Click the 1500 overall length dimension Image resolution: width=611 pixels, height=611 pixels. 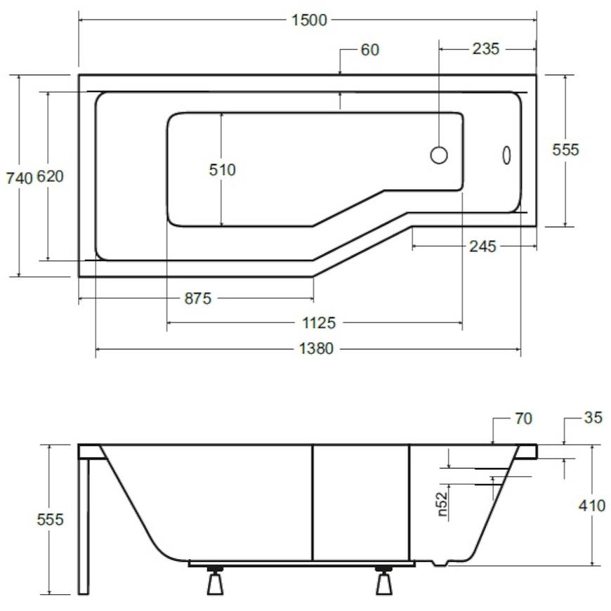tap(310, 20)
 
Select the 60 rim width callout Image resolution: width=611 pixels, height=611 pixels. tap(370, 50)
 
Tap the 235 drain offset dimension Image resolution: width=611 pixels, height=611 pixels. tap(485, 48)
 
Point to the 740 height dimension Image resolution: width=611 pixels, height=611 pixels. tap(19, 178)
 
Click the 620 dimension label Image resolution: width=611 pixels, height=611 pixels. tap(50, 176)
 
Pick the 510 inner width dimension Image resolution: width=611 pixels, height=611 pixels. tap(222, 170)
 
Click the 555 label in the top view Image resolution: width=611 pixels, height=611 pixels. tap(565, 150)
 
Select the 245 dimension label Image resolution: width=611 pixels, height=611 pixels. tap(482, 247)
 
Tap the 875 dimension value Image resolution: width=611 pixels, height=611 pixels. tap(198, 298)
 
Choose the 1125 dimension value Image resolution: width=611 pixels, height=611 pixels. tap(319, 323)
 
